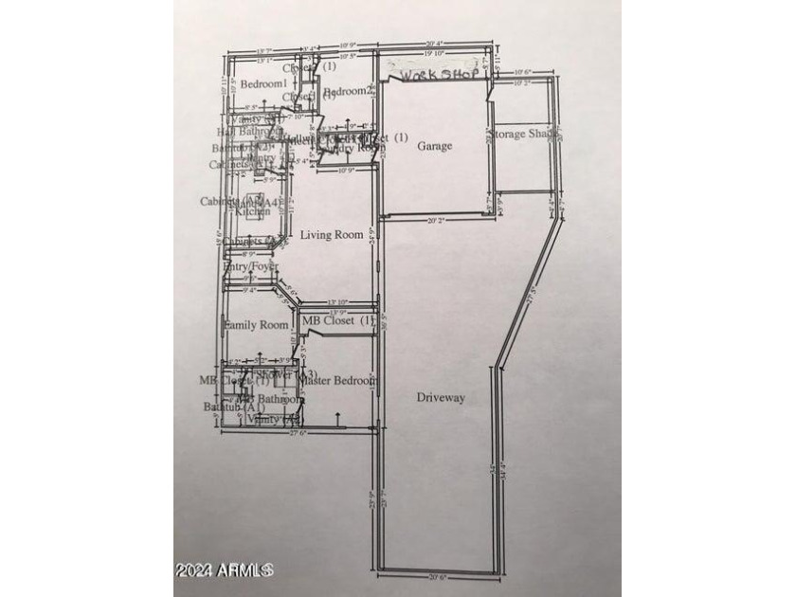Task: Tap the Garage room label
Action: point(435,146)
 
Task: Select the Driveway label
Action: point(442,398)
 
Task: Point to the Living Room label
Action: point(332,234)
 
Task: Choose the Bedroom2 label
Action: point(345,91)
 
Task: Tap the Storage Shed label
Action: point(522,134)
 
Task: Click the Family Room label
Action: point(256,325)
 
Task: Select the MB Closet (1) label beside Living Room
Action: point(338,321)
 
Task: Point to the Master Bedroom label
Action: point(338,380)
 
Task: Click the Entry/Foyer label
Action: point(250,267)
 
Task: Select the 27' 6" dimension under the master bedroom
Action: point(298,432)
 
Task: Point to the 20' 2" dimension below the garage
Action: point(435,220)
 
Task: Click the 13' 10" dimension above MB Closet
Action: point(338,302)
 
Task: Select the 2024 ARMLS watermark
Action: point(225,570)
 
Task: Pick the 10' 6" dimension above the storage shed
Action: point(524,71)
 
